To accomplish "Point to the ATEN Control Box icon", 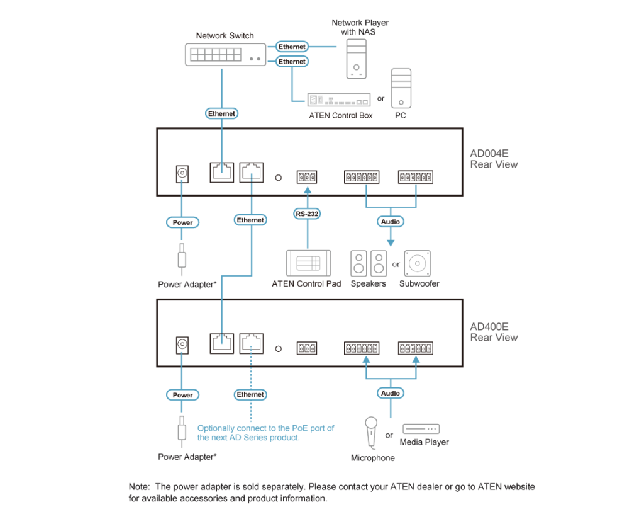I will [338, 100].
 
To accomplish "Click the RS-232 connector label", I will [308, 214].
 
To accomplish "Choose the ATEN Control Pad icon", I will [308, 262].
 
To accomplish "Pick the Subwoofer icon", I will [417, 263].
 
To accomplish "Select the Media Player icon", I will [421, 428].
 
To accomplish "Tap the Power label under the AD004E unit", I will [182, 222].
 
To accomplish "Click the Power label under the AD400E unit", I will [182, 395].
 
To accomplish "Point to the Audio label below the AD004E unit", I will [391, 222].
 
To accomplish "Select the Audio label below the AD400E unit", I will [391, 393].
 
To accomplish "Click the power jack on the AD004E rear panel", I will [182, 173].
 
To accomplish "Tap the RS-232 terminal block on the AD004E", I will [307, 178].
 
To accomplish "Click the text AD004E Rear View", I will [494, 159].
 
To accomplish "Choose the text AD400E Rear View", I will [494, 332].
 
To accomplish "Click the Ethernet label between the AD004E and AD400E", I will [250, 220].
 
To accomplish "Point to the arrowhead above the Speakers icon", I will [391, 241].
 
